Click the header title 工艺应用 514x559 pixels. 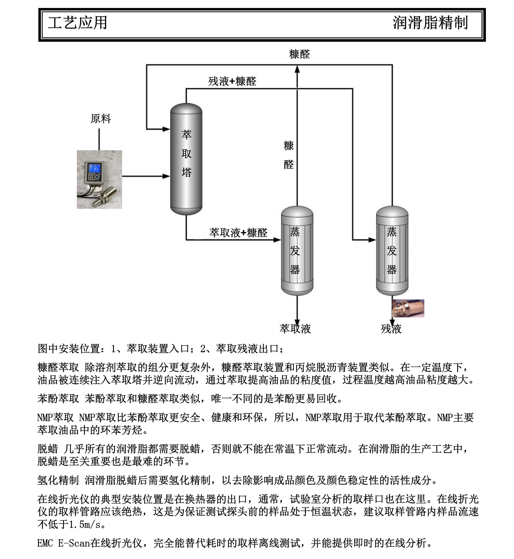[78, 23]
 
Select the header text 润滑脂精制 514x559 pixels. [430, 23]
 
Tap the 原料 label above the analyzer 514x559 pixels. [101, 119]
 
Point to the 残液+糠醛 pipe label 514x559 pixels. [232, 81]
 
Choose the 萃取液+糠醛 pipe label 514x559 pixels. [238, 232]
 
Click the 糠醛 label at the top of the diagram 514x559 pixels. [299, 54]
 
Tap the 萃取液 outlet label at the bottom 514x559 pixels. [295, 329]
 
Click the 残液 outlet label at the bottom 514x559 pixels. [391, 329]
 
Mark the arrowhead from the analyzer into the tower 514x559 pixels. [166, 176]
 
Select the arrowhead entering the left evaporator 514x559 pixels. [277, 240]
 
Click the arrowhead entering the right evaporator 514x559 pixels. [372, 240]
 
